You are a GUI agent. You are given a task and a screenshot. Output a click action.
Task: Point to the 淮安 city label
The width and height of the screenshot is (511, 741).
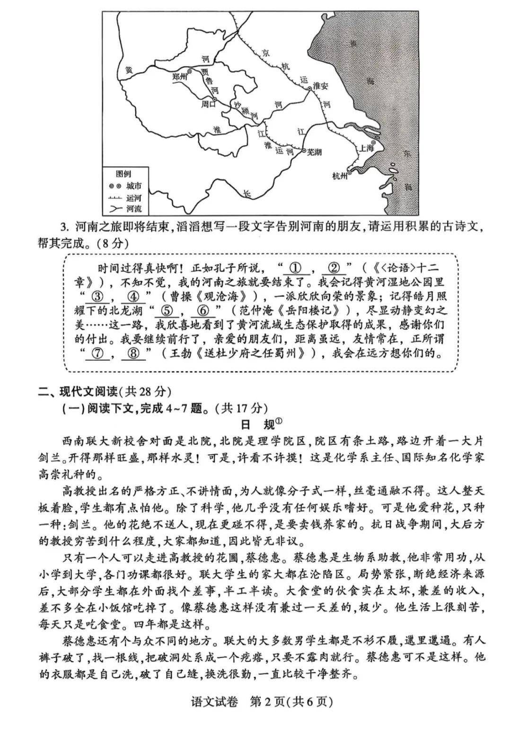click(x=320, y=87)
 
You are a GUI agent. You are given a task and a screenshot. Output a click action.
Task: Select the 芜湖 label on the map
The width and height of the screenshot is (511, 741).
click(x=314, y=152)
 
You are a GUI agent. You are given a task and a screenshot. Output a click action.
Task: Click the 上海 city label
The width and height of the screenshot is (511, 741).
click(x=366, y=148)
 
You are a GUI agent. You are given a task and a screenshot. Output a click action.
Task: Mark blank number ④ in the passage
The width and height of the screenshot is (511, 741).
click(x=134, y=297)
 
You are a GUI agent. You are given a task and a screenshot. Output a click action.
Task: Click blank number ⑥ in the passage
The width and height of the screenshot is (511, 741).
click(x=203, y=311)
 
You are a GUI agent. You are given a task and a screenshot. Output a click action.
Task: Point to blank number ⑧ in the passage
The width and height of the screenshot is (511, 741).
click(x=134, y=353)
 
